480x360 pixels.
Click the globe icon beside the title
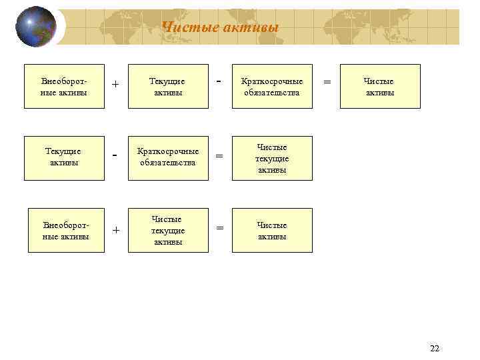pyautogui.click(x=35, y=27)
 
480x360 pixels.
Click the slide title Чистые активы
pyautogui.click(x=220, y=27)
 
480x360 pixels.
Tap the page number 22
pyautogui.click(x=435, y=349)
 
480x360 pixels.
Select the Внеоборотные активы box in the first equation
pyautogui.click(x=64, y=87)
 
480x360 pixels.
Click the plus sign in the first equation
pyautogui.click(x=115, y=85)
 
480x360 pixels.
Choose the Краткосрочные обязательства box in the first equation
pyautogui.click(x=271, y=87)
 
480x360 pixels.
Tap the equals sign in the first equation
pyautogui.click(x=327, y=81)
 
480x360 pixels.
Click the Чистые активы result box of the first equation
pyautogui.click(x=380, y=87)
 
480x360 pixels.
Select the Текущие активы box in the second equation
pyautogui.click(x=64, y=158)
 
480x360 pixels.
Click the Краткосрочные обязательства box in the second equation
pyautogui.click(x=168, y=158)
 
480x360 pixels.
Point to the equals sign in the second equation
pyautogui.click(x=219, y=157)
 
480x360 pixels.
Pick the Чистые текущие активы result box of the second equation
pyautogui.click(x=271, y=158)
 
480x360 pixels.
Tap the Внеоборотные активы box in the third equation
pyautogui.click(x=67, y=231)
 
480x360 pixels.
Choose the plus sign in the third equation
pyautogui.click(x=115, y=231)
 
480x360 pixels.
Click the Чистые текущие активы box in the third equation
pyautogui.click(x=168, y=231)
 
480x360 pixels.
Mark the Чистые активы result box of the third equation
pyautogui.click(x=271, y=231)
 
